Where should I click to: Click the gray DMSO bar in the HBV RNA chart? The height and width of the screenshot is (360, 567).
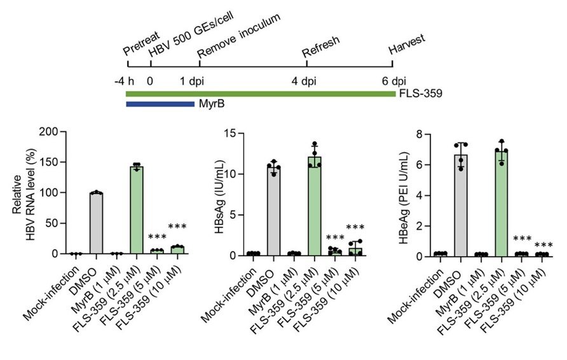pos(96,223)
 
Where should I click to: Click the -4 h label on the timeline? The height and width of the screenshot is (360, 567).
pos(123,81)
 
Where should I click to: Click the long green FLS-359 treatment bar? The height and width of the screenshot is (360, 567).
pos(260,94)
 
